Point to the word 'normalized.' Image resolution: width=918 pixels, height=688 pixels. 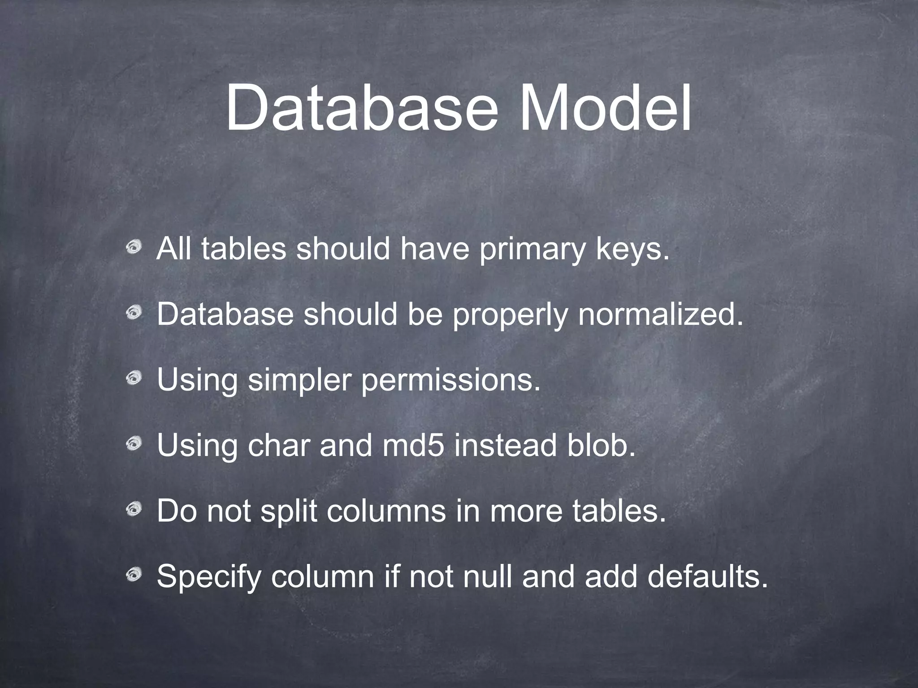[660, 315]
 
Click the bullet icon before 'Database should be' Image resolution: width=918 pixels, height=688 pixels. [133, 312]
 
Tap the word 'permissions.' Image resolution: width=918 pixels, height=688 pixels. [451, 381]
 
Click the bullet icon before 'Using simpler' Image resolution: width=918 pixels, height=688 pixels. [133, 378]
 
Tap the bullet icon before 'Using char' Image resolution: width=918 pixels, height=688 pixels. [133, 443]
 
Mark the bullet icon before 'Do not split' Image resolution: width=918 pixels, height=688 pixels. [133, 509]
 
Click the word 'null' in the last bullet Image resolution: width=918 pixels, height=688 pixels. [487, 577]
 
